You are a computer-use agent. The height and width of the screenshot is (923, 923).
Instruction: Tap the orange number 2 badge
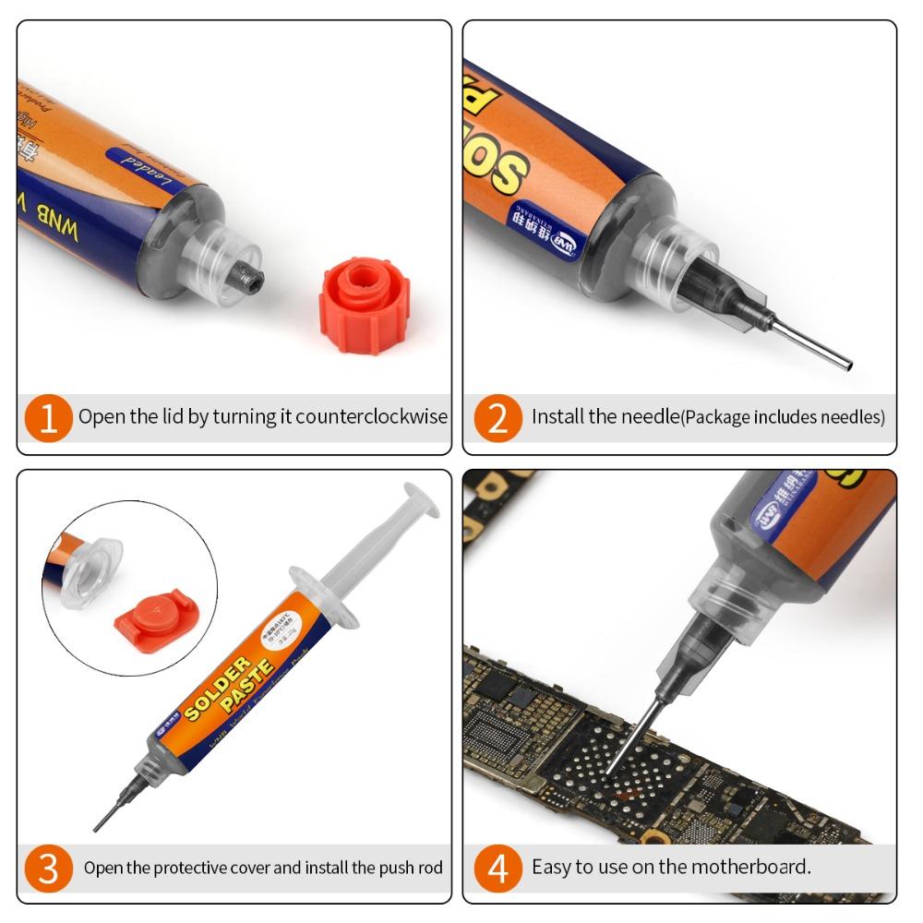point(497,417)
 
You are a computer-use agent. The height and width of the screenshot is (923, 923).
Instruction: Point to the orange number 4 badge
point(497,868)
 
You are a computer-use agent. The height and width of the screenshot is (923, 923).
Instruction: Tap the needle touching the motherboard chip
point(628,738)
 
